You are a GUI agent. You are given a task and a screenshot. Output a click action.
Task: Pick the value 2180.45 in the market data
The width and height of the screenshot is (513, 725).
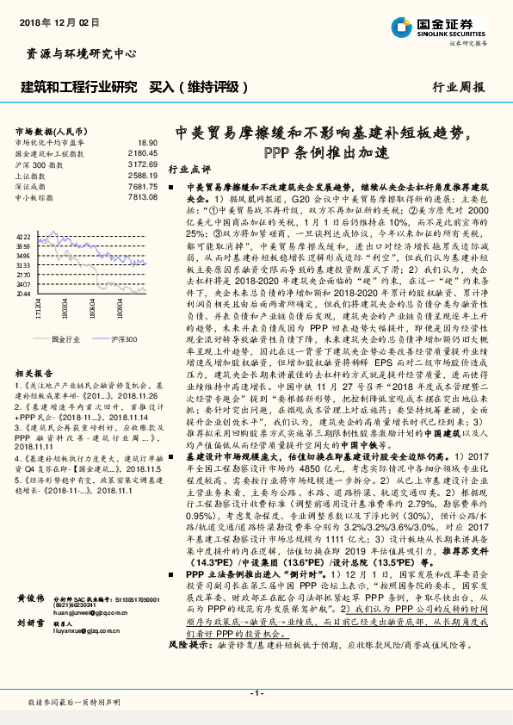(143, 152)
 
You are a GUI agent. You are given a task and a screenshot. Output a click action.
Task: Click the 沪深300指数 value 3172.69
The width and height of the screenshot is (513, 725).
(143, 163)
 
